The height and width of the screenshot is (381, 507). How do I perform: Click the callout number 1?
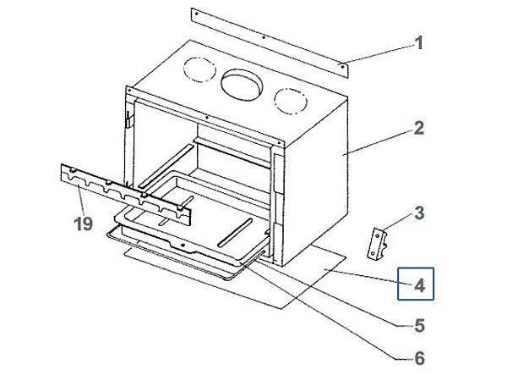tap(417, 42)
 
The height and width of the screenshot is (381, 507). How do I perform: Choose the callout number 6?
tap(417, 358)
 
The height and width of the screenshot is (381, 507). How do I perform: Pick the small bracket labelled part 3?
tap(377, 241)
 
